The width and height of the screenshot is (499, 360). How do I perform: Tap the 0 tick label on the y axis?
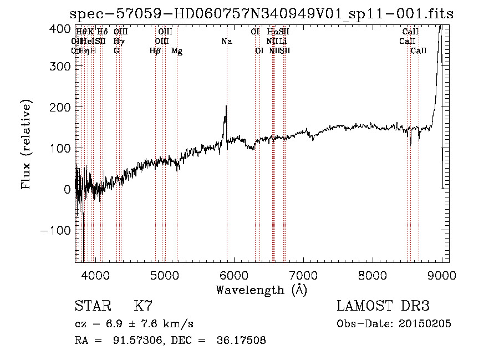[67, 189]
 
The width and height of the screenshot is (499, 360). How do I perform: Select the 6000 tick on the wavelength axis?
[234, 262]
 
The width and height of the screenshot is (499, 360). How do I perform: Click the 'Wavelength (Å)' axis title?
[261, 289]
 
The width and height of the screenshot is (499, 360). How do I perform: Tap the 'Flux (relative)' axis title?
[27, 144]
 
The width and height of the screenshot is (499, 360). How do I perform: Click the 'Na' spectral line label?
[226, 41]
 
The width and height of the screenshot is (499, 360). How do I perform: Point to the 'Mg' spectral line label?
[177, 51]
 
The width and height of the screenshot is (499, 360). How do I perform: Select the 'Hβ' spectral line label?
[155, 51]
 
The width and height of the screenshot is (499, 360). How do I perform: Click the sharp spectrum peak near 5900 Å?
[226, 107]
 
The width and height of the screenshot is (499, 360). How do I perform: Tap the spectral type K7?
[143, 306]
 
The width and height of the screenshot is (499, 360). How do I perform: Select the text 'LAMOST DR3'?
[383, 306]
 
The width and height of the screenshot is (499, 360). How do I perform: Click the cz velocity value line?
[134, 323]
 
